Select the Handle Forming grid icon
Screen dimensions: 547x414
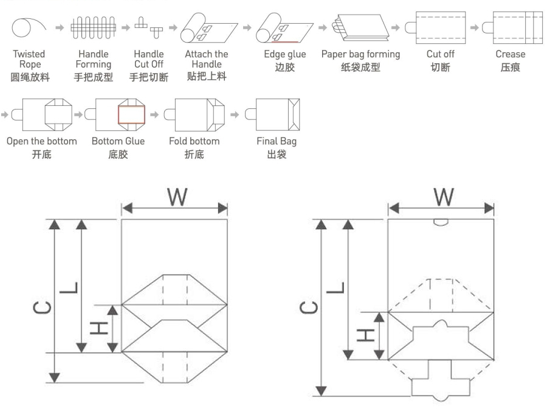93,27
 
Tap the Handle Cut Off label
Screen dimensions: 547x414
149,59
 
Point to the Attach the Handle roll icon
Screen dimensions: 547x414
208,28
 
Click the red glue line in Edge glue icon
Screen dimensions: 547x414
284,42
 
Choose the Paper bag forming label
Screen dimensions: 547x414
360,54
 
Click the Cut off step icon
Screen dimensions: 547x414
435,27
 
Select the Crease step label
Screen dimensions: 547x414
511,54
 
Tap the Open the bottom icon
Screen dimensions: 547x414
42,114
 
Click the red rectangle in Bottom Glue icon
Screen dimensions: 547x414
131,114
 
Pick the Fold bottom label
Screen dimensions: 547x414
194,141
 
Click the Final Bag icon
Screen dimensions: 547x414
272,114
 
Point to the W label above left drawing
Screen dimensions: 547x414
177,197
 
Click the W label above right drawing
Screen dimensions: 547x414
444,197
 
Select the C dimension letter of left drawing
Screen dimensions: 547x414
42,308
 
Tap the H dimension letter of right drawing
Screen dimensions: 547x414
366,335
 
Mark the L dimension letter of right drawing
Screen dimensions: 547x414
335,287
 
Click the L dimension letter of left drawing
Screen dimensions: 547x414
68,287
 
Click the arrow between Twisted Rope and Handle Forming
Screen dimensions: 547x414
60,27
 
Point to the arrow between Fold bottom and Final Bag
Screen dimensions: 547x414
235,114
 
